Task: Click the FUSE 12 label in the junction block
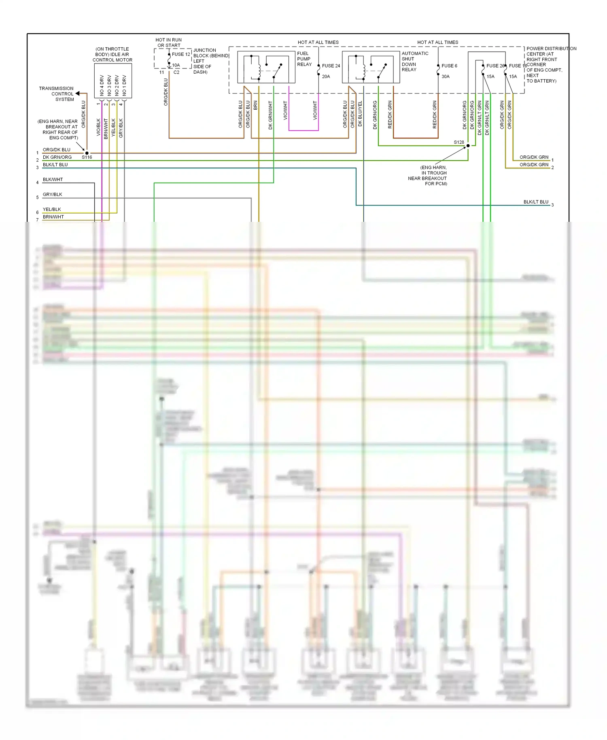tap(180, 54)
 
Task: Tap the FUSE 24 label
tap(331, 66)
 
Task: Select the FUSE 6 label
tap(449, 66)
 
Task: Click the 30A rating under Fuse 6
tap(445, 77)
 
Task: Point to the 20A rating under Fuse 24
tap(326, 77)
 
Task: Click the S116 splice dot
tap(87, 153)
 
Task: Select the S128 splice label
tap(458, 142)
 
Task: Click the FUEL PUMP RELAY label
tap(303, 59)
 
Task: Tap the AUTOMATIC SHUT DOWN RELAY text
tap(414, 62)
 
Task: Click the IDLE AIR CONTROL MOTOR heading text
tap(112, 55)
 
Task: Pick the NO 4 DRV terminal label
tap(102, 85)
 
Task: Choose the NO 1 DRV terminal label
tap(124, 85)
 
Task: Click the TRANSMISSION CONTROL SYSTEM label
tap(57, 94)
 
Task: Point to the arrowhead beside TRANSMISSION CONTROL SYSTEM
tap(77, 94)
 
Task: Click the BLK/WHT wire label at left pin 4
tap(53, 179)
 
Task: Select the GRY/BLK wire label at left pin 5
tap(52, 194)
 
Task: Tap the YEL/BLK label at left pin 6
tap(52, 209)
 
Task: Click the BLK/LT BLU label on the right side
tap(536, 202)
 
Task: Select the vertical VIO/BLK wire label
tap(98, 127)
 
